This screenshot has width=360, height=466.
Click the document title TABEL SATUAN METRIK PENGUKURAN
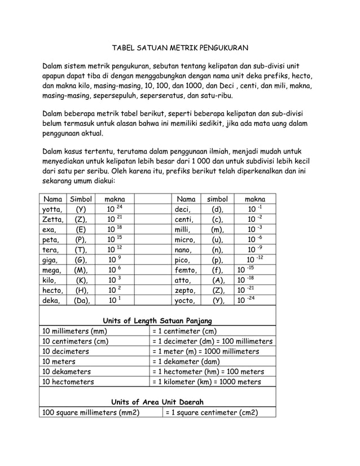pyautogui.click(x=179, y=49)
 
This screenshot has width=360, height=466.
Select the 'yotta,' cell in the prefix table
pyautogui.click(x=52, y=210)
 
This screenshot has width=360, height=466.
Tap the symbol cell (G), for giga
pyautogui.click(x=81, y=260)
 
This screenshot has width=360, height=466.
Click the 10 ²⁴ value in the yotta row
pyautogui.click(x=115, y=210)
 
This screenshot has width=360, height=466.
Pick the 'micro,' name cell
pyautogui.click(x=185, y=240)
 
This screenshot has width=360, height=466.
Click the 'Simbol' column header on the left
pyautogui.click(x=81, y=199)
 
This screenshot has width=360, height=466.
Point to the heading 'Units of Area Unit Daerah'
pyautogui.click(x=156, y=402)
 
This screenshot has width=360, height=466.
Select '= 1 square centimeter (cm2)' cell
pyautogui.click(x=212, y=412)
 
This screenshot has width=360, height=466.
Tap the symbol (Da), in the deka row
pyautogui.click(x=81, y=300)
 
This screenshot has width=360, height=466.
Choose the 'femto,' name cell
pyautogui.click(x=186, y=270)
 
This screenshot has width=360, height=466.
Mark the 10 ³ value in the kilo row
pyautogui.click(x=115, y=280)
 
